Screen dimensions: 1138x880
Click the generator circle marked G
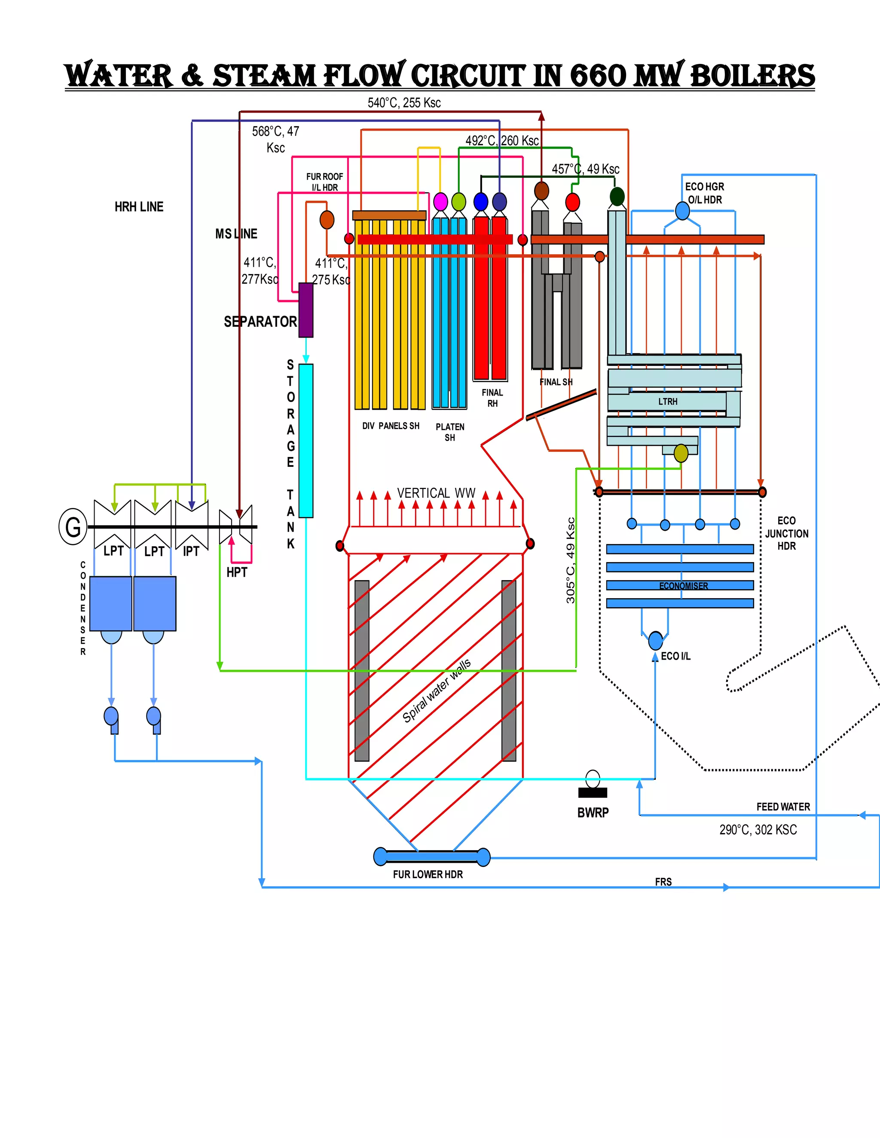[73, 526]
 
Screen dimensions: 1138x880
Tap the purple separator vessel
[306, 310]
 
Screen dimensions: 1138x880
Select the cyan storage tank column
[306, 440]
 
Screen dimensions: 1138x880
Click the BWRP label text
[593, 812]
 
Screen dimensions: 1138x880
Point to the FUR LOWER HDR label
[428, 874]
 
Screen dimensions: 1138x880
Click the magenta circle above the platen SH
[440, 201]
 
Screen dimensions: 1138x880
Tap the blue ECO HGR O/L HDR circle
[682, 210]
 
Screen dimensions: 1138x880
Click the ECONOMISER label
[684, 586]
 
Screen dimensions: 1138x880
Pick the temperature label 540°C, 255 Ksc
[404, 103]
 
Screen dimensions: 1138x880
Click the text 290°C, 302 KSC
[758, 830]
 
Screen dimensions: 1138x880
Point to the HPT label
[237, 572]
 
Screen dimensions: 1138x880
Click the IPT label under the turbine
[191, 551]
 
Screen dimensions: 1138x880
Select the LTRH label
[668, 401]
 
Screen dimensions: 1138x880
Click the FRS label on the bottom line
[663, 882]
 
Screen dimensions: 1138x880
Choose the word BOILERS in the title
[752, 76]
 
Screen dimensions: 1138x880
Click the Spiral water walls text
[437, 691]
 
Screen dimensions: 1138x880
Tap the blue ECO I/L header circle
[655, 640]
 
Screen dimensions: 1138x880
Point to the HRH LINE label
[139, 207]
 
